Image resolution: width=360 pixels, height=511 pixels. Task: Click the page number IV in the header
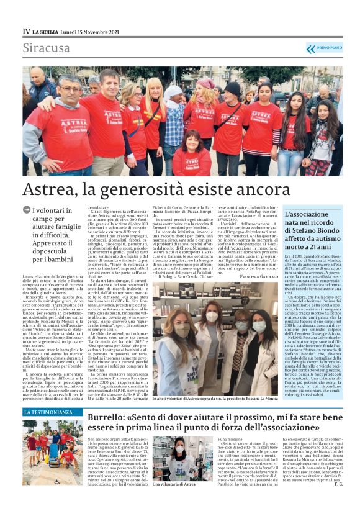coord(26,30)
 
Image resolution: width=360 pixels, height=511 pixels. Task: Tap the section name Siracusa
coord(47,48)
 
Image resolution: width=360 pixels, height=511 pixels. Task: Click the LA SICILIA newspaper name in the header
coord(47,30)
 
